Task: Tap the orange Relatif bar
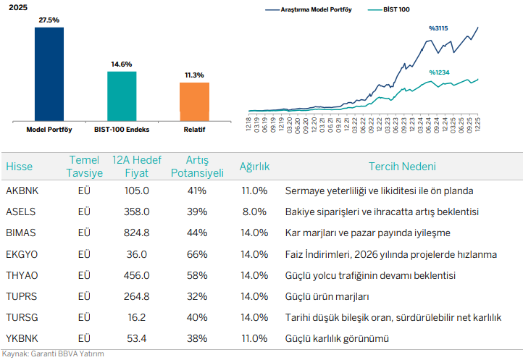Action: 194,101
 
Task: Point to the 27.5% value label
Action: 49,20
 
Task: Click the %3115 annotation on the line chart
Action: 438,28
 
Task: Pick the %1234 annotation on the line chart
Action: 439,72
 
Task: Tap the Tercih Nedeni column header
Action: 402,167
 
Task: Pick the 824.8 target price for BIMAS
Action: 136,233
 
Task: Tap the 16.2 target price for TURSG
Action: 136,318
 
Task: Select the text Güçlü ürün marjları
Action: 327,297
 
